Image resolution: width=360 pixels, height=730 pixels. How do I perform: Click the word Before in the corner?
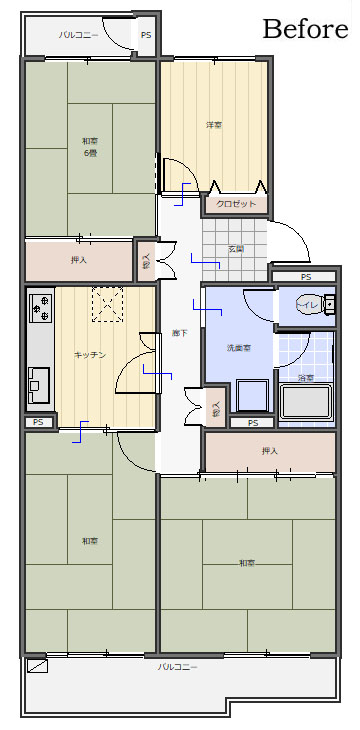coord(305,29)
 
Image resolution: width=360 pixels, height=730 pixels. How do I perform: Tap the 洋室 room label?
coord(214,125)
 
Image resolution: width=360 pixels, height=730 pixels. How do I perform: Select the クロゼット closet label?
coord(237,204)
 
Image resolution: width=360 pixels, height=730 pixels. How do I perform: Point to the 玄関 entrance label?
coord(236,248)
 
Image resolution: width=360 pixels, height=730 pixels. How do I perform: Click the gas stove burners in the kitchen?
coord(41,309)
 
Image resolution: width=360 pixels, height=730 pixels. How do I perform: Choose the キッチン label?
coord(90,354)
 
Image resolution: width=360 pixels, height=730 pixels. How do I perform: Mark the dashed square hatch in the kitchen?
coord(107,305)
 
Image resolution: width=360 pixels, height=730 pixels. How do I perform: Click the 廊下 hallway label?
coord(179,333)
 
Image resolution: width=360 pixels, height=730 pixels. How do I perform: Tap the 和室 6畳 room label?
coord(90,146)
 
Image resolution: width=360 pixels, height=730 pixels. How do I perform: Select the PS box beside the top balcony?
coord(146,35)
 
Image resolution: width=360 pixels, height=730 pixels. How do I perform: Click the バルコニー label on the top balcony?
coord(78,35)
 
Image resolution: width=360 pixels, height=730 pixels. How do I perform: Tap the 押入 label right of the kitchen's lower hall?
coord(269,451)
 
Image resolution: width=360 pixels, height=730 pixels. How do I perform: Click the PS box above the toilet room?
coord(304,276)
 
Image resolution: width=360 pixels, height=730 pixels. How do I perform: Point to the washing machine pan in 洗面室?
coord(249,397)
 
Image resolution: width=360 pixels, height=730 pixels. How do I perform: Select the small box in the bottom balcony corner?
coord(37,665)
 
